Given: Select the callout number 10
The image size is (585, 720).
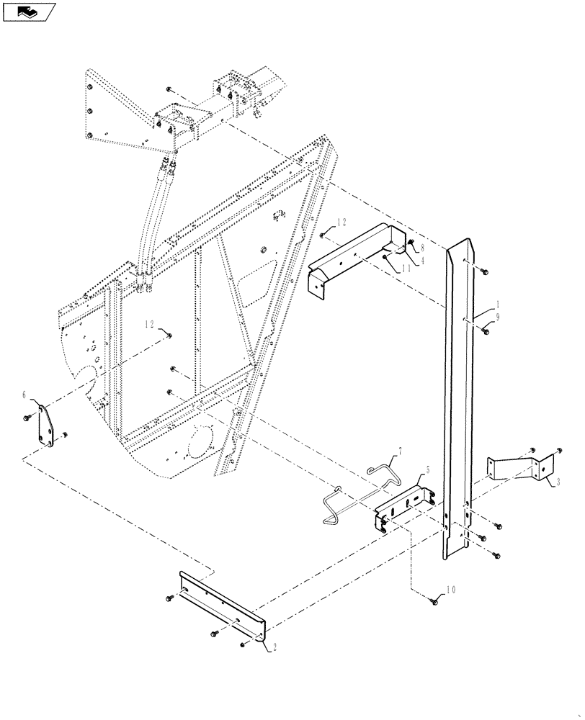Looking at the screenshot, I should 452,589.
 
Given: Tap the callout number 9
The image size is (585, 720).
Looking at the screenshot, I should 496,316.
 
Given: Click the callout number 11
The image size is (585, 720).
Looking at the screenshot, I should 406,268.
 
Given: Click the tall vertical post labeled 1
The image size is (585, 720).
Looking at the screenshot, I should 458,403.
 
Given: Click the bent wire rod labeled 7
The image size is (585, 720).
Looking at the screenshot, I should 353,490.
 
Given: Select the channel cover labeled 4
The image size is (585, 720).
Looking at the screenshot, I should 353,256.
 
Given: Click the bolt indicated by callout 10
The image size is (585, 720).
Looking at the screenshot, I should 434,600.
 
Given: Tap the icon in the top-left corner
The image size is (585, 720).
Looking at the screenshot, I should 29,11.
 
